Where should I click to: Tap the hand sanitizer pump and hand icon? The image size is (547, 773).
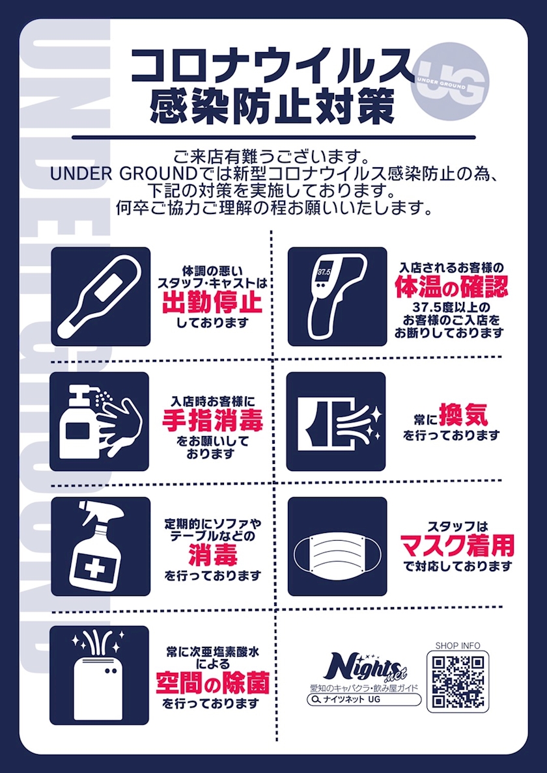pos(99,421)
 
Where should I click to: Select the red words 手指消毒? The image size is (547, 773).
pos(212,422)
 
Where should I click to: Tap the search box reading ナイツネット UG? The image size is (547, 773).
pos(364,699)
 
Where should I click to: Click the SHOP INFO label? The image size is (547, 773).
pos(457,646)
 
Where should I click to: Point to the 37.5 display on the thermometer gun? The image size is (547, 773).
pos(324,272)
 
